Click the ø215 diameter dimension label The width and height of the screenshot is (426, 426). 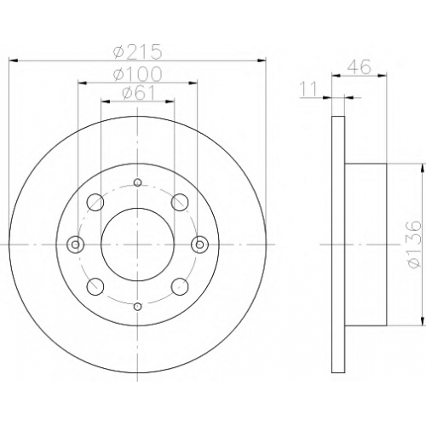[x=137, y=52]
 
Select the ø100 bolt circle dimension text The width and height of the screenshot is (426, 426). [x=137, y=74]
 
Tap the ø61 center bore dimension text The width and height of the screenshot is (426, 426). [x=139, y=93]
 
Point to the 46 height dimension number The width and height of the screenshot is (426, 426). [x=359, y=67]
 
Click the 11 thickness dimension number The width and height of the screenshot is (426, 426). [x=308, y=89]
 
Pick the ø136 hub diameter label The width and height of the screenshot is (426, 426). [x=412, y=245]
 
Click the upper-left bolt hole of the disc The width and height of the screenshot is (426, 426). [x=95, y=202]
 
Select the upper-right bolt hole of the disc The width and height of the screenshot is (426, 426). [x=180, y=202]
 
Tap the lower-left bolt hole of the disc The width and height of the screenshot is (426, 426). [x=95, y=286]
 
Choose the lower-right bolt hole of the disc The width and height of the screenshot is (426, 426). [x=180, y=286]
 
